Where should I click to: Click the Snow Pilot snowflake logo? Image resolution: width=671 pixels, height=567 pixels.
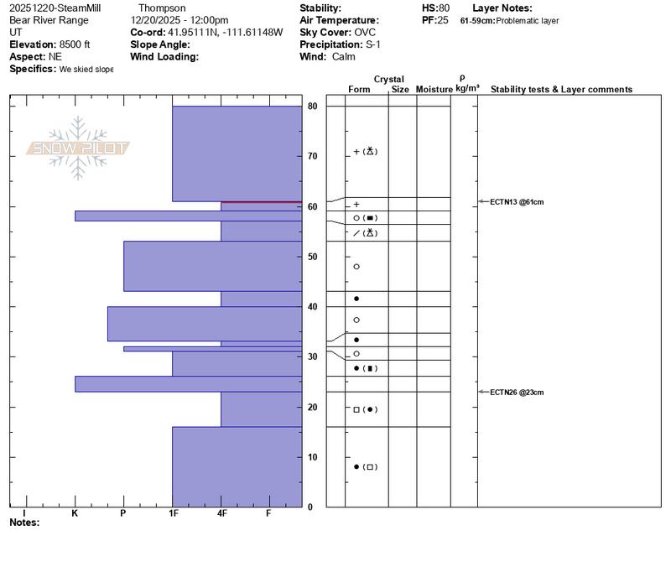pyautogui.click(x=78, y=148)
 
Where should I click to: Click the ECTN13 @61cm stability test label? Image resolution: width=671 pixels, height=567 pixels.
pyautogui.click(x=518, y=202)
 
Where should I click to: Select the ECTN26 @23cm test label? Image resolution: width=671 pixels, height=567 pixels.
pyautogui.click(x=518, y=392)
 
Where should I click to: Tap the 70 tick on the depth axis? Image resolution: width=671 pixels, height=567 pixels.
pyautogui.click(x=312, y=156)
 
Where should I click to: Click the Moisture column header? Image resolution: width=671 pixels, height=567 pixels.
pyautogui.click(x=434, y=89)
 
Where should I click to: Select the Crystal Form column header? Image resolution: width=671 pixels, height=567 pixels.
pyautogui.click(x=359, y=89)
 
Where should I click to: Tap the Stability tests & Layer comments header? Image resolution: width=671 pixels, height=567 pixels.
pyautogui.click(x=561, y=89)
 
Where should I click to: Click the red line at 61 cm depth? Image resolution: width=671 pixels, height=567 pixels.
pyautogui.click(x=261, y=202)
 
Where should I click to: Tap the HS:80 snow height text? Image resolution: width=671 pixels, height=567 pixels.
pyautogui.click(x=435, y=8)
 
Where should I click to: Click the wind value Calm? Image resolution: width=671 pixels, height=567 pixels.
pyautogui.click(x=343, y=56)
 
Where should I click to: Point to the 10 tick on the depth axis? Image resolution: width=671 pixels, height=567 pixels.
pyautogui.click(x=312, y=457)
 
